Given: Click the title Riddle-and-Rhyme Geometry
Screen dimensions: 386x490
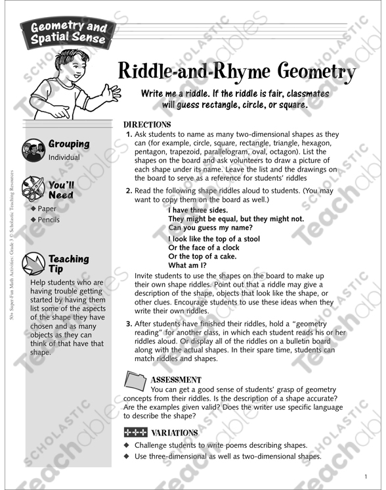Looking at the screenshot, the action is (238, 70).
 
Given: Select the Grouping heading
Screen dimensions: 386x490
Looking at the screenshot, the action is (69, 144).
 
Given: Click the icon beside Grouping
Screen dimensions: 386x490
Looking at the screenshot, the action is (33, 150).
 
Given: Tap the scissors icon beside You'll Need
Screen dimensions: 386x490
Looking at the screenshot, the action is (33, 189).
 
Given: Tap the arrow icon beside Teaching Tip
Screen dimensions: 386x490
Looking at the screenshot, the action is (33, 264).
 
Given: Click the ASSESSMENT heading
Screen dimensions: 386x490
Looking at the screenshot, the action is (176, 380).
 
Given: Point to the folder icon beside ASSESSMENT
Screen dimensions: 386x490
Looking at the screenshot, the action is (136, 381).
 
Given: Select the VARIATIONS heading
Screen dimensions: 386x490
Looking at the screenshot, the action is (175, 433).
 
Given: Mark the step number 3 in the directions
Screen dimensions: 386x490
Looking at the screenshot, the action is (129, 324).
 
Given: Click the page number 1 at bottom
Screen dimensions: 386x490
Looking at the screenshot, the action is (365, 477).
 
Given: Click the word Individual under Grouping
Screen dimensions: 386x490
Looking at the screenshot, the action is (64, 158).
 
